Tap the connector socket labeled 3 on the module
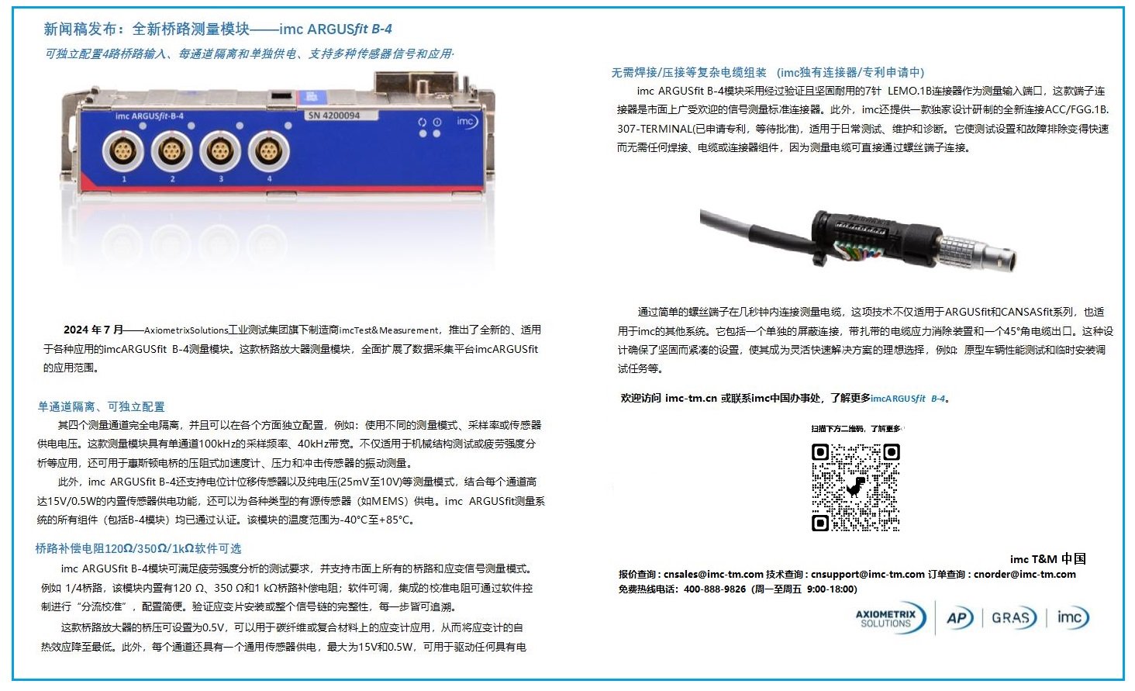[x=220, y=150]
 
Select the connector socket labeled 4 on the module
[x=268, y=150]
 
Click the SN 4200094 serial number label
[x=334, y=116]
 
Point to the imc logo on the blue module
[x=466, y=122]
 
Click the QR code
[x=855, y=487]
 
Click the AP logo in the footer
[x=958, y=618]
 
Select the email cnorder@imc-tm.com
[x=1024, y=575]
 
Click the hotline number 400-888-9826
[x=714, y=589]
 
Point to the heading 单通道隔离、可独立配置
[x=101, y=406]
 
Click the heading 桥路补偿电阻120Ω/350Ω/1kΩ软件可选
[x=138, y=548]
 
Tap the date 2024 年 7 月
[x=93, y=330]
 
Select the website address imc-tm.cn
[x=691, y=399]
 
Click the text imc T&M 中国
[x=1047, y=559]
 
